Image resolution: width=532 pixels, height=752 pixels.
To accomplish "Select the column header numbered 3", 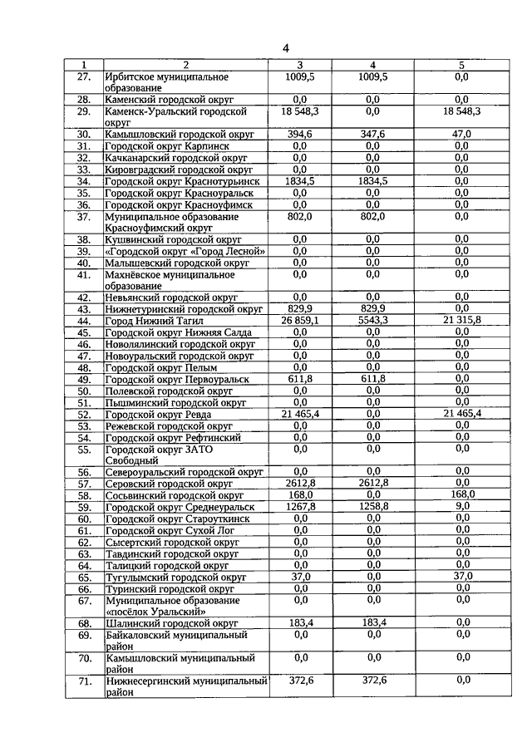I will pyautogui.click(x=300, y=65).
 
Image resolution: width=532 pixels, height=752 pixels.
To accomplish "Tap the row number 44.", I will pyautogui.click(x=83, y=320).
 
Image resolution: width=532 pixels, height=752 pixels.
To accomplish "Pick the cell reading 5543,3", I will pyautogui.click(x=372, y=320).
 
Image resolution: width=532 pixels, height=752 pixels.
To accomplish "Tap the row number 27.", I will pyautogui.click(x=83, y=76).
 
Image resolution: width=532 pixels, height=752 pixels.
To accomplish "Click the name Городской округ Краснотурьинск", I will pyautogui.click(x=183, y=180).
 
